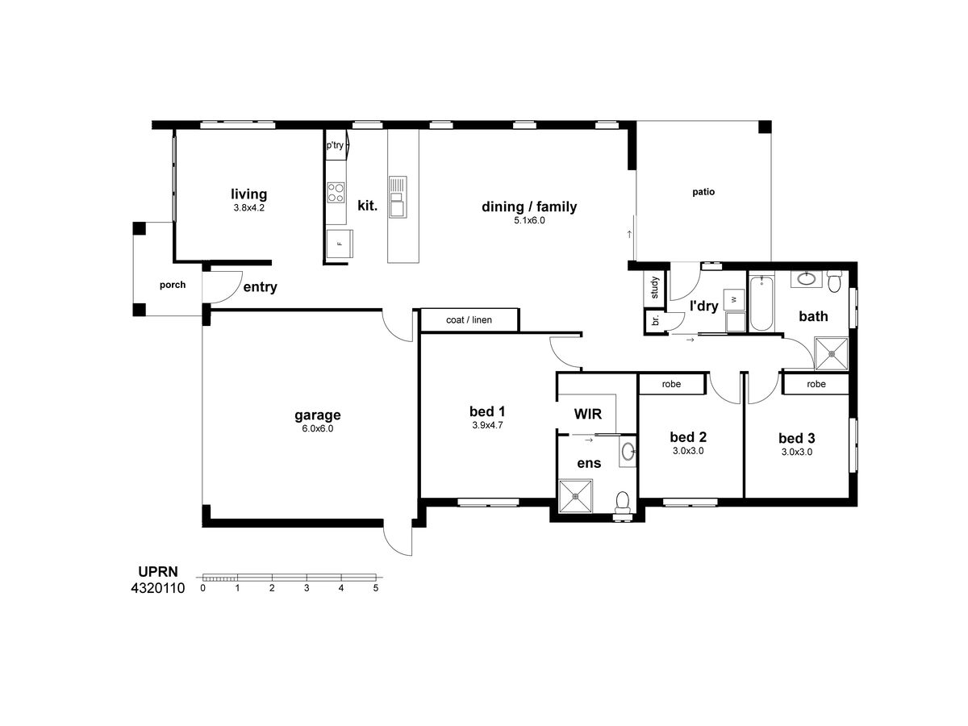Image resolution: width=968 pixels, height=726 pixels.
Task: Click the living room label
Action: (x=248, y=194)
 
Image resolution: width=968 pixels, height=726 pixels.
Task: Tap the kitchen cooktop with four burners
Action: (x=336, y=193)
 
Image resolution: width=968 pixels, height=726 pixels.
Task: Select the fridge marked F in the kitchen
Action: (x=340, y=244)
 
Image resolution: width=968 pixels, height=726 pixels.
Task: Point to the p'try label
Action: (x=335, y=145)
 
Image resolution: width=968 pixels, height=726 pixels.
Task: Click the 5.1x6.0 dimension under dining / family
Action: (x=529, y=220)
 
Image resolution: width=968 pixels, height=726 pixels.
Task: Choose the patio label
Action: (x=703, y=192)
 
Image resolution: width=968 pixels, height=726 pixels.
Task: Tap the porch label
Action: (x=173, y=285)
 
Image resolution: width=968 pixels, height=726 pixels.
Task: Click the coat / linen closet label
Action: (x=469, y=320)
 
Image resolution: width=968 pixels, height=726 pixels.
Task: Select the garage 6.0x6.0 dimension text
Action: (x=318, y=428)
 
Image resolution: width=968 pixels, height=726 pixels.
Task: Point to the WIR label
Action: (x=588, y=414)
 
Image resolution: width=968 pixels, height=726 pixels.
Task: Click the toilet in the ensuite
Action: (x=622, y=503)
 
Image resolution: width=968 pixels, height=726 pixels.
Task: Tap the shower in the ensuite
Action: (x=575, y=496)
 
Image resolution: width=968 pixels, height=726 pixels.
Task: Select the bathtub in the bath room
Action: (x=761, y=303)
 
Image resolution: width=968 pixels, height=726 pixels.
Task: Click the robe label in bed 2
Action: (x=671, y=384)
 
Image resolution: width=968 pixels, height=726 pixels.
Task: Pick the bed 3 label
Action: (x=796, y=438)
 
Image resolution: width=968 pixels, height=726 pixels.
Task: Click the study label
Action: (x=654, y=287)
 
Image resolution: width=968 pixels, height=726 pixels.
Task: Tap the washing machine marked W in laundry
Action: (x=734, y=300)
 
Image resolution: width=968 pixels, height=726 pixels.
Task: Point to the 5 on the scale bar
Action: (x=376, y=587)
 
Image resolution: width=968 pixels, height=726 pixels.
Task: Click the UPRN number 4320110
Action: (x=158, y=588)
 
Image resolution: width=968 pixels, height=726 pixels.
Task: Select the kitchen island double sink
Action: (x=398, y=197)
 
